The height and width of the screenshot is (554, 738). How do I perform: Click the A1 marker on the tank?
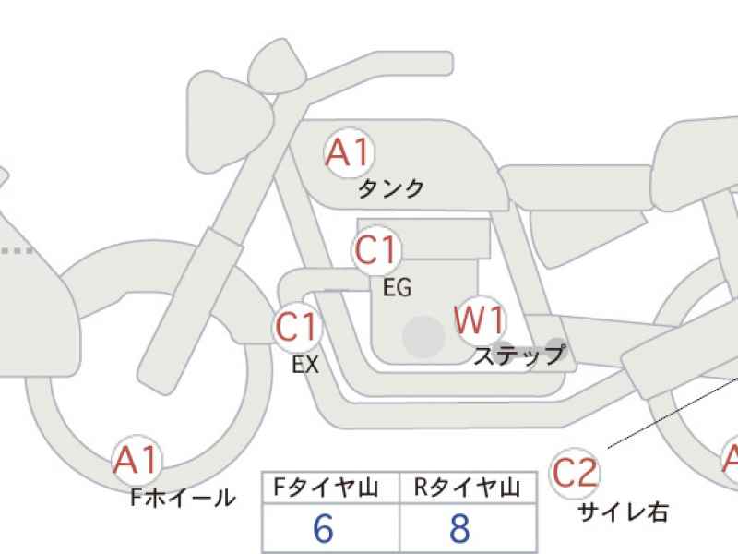tap(350, 152)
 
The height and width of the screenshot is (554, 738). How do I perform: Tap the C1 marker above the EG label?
tap(375, 249)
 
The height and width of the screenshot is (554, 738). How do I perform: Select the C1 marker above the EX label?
tap(297, 327)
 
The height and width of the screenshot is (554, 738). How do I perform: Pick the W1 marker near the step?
tap(480, 320)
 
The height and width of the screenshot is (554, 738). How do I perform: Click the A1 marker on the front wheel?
tap(137, 459)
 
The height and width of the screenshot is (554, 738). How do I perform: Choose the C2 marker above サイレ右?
tap(574, 473)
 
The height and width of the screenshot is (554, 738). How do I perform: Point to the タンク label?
tap(391, 188)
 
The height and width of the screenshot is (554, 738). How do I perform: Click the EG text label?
tap(398, 287)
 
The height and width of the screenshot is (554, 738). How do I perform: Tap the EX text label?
tap(305, 364)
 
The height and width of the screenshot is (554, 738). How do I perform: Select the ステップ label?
tap(519, 355)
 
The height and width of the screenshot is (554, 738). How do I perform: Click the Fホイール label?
tap(183, 497)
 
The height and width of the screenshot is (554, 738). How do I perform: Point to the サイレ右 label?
tap(623, 512)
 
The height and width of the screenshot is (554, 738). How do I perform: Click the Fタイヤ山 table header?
tap(327, 488)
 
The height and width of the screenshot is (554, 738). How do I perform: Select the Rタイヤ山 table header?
tap(467, 488)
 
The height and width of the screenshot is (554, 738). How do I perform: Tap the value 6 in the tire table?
tap(324, 528)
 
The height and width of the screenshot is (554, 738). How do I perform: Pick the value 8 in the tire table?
tap(459, 528)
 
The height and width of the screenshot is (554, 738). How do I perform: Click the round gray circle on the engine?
tap(424, 336)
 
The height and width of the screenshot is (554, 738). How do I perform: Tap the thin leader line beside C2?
tap(673, 411)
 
